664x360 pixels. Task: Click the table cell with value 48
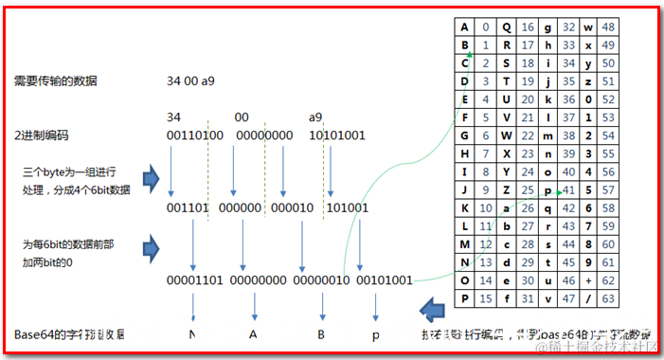pyautogui.click(x=610, y=27)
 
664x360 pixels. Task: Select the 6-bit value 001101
pyautogui.click(x=186, y=207)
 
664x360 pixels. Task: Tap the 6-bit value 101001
pyautogui.click(x=349, y=207)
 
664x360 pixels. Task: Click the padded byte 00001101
pyautogui.click(x=195, y=279)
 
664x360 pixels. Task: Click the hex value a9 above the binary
pyautogui.click(x=315, y=117)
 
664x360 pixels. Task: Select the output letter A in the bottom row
pyautogui.click(x=254, y=335)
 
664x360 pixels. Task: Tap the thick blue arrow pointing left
pyautogui.click(x=432, y=309)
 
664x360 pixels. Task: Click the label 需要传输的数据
pyautogui.click(x=55, y=81)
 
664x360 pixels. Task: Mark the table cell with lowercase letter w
pyautogui.click(x=590, y=27)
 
